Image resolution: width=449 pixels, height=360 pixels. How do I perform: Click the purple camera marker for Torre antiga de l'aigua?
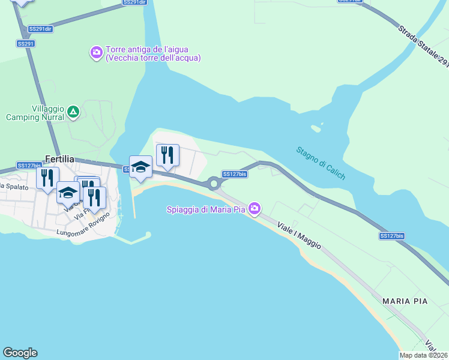[96, 53]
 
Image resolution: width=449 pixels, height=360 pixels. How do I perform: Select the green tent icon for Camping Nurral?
[73, 112]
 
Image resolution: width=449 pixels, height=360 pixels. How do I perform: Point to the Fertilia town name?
[59, 159]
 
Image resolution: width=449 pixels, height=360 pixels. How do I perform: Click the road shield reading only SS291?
[26, 44]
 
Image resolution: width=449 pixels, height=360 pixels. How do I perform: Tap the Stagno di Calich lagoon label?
[321, 162]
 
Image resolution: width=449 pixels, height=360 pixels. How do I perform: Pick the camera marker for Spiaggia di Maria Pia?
[255, 208]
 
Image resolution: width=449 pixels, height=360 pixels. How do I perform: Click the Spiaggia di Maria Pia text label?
[207, 209]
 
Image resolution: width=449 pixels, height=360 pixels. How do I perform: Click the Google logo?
[20, 353]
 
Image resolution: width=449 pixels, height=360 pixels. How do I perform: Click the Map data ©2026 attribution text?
[424, 355]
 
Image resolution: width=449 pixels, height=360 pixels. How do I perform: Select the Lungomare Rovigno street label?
[83, 224]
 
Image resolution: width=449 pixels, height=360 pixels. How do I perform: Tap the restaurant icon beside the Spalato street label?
[47, 177]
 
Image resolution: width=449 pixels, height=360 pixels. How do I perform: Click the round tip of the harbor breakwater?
[148, 235]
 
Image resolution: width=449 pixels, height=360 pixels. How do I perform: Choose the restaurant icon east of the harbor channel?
[167, 155]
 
